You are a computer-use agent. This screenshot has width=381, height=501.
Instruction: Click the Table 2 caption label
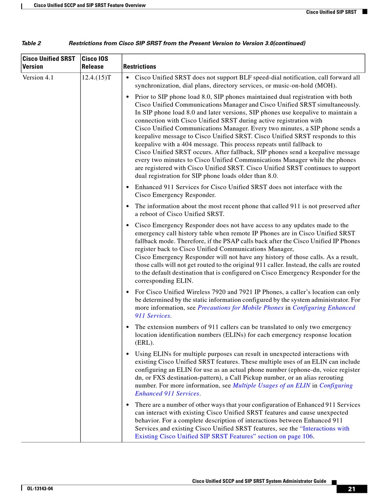[31, 43]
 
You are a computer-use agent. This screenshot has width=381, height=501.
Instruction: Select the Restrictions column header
[140, 67]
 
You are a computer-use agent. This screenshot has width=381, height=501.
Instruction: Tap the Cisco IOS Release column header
[95, 63]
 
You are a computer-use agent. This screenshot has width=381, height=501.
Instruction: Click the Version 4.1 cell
[38, 77]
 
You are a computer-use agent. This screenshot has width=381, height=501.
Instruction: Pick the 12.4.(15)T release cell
[96, 77]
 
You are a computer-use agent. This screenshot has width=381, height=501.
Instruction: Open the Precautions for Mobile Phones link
[241, 308]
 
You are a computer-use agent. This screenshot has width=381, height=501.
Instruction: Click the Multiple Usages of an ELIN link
[272, 386]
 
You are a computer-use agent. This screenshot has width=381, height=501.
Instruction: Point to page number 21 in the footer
[352, 489]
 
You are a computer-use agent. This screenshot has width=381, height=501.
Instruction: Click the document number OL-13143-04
[40, 489]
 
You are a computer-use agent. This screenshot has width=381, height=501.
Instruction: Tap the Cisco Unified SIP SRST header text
[331, 12]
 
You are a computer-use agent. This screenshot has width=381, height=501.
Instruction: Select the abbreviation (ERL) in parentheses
[144, 343]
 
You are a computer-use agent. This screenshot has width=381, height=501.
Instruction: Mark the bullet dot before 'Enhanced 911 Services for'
[128, 187]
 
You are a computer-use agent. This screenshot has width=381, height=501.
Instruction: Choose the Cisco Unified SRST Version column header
[49, 63]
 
